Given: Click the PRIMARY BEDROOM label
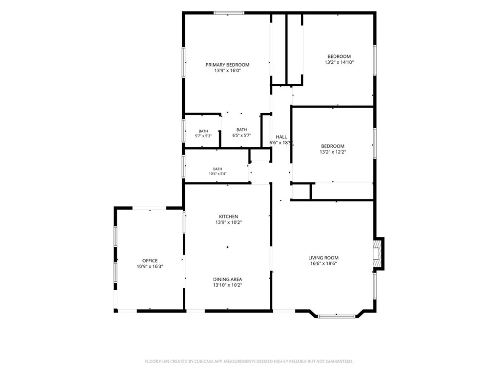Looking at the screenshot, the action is click(228, 65).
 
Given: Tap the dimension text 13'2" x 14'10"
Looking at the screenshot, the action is click(339, 62).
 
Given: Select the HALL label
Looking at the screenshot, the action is click(281, 137).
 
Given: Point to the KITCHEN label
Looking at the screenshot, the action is click(229, 216).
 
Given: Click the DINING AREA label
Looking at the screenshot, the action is click(228, 279).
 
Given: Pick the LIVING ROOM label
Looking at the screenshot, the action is click(323, 258).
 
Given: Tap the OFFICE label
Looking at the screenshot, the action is click(150, 261).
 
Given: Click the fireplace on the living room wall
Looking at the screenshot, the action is click(378, 254).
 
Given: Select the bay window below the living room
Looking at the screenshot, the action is click(337, 316).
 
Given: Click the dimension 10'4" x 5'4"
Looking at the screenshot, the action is click(218, 174).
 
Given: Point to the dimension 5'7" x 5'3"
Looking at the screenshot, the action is click(203, 136).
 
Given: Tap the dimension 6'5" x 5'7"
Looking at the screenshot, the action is click(242, 135).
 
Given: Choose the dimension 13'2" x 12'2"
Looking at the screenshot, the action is click(333, 152).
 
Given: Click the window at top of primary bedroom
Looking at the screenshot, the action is click(229, 13).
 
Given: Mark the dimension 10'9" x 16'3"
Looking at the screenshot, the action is click(150, 266).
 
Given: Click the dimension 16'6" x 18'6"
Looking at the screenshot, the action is click(323, 264).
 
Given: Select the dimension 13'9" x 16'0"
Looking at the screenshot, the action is click(228, 71).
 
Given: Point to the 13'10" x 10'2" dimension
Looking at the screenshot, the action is click(228, 285).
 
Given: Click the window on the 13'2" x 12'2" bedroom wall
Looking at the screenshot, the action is click(375, 143).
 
